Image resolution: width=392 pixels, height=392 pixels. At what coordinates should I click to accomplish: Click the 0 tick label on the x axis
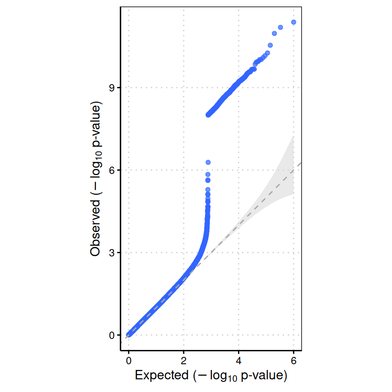pyautogui.click(x=129, y=361)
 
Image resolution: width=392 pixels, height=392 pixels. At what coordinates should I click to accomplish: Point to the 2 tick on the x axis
pyautogui.click(x=184, y=361)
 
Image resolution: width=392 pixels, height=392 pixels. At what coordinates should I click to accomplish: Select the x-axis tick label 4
pyautogui.click(x=238, y=361)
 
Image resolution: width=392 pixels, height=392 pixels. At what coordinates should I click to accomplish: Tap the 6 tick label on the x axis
pyautogui.click(x=294, y=361)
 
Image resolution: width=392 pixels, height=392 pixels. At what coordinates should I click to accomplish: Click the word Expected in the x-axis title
pyautogui.click(x=162, y=375)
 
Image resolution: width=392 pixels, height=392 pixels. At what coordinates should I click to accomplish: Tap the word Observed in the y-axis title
pyautogui.click(x=96, y=233)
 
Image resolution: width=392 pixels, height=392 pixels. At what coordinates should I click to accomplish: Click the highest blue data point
pyautogui.click(x=293, y=22)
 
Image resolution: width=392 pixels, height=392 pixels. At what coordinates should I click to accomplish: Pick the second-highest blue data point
pyautogui.click(x=281, y=27)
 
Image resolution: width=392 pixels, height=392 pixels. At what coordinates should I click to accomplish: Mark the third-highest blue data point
pyautogui.click(x=274, y=33)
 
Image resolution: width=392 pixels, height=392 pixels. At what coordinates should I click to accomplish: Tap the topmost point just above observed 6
pyautogui.click(x=208, y=163)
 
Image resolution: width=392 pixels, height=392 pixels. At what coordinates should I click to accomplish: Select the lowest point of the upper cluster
pyautogui.click(x=208, y=115)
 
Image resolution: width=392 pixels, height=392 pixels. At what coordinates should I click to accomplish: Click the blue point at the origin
pyautogui.click(x=129, y=334)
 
